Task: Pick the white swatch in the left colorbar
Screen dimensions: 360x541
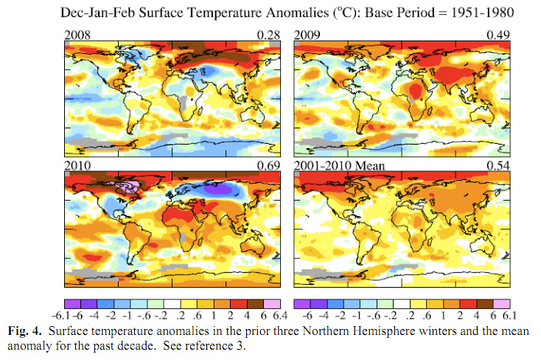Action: pyautogui.click(x=170, y=302)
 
